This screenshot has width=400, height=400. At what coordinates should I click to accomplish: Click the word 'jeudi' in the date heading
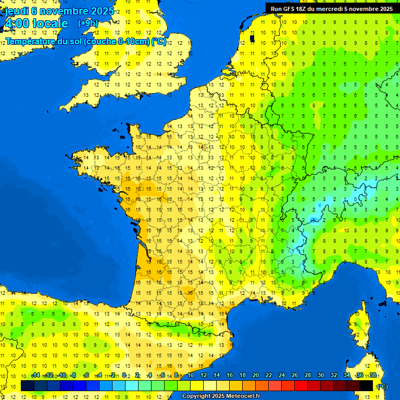[18, 11]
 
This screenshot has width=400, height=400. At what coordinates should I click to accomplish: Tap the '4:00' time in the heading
[17, 23]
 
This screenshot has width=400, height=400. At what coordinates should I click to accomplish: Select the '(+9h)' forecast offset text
[87, 23]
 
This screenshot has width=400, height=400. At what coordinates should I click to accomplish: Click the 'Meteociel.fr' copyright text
[236, 396]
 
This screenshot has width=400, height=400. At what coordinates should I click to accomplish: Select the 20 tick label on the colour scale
[256, 376]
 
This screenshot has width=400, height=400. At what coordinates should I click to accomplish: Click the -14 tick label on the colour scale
[35, 376]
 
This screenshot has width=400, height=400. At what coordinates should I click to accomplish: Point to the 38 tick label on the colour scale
[373, 376]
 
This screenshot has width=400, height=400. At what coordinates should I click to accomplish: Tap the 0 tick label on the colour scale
[124, 376]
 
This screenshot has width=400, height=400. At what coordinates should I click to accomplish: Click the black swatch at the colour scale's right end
[366, 385]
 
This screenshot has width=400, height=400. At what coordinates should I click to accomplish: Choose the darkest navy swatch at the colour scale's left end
[28, 385]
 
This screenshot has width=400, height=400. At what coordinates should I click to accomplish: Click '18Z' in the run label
[301, 8]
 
